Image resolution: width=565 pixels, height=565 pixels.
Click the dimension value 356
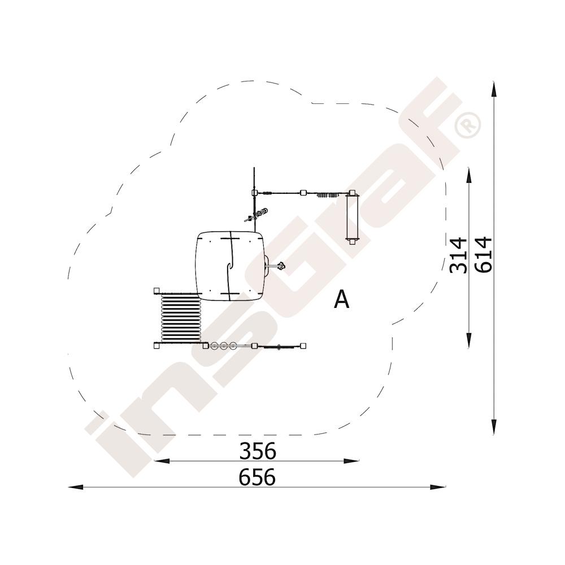coord(258,451)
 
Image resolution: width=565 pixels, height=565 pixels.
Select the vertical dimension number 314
coord(459,255)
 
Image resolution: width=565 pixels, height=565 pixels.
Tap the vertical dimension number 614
coord(483,254)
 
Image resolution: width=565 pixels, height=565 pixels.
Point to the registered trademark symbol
coord(468,125)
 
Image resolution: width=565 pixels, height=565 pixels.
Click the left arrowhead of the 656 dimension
coord(76,487)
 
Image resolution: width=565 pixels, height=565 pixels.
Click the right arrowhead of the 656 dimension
coord(437,487)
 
